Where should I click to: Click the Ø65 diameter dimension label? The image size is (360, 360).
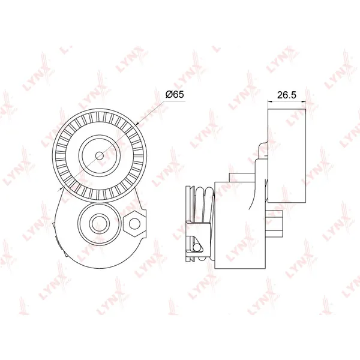click(x=175, y=94)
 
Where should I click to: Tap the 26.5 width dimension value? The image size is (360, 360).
click(x=287, y=95)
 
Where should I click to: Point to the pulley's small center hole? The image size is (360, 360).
click(x=99, y=156)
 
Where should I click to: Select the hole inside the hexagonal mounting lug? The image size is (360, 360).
click(x=134, y=224)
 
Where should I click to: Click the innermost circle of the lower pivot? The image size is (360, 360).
click(x=99, y=224)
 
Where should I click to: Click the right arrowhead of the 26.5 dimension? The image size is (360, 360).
click(x=304, y=101)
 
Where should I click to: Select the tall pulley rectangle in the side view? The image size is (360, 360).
click(x=287, y=155)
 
